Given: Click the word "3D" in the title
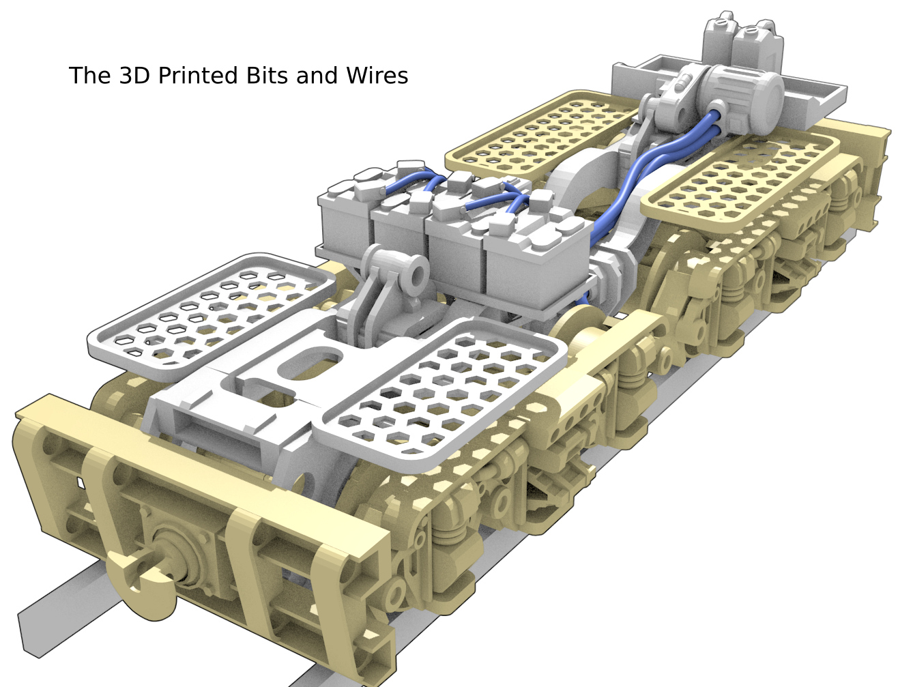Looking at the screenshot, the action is (x=134, y=76).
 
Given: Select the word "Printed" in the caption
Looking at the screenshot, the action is (x=197, y=76).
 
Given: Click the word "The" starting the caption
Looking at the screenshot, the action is (x=90, y=76).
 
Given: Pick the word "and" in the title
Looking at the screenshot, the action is (x=317, y=76).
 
